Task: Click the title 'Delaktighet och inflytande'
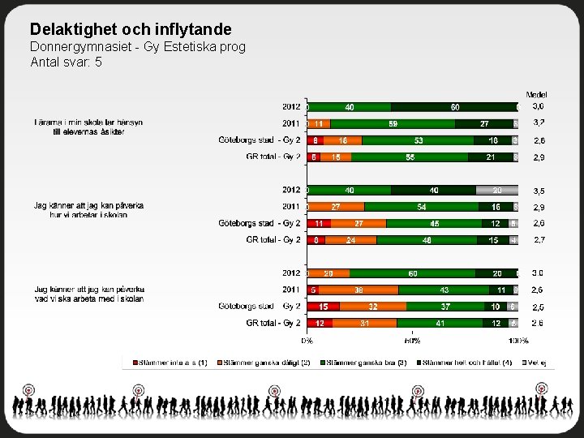point(131,29)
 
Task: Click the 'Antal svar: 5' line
point(66,61)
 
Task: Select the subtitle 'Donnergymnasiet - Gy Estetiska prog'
point(137,46)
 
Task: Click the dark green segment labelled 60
point(455,106)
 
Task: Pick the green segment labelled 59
point(393,123)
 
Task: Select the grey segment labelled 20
point(497,190)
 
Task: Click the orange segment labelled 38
point(358,290)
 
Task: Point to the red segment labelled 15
point(323,307)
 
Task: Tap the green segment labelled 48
point(427,240)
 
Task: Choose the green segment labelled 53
point(419,140)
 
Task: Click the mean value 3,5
point(538,191)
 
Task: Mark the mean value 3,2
point(539,123)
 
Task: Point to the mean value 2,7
point(539,240)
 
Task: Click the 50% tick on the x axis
point(412,341)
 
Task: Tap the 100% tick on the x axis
point(518,341)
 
